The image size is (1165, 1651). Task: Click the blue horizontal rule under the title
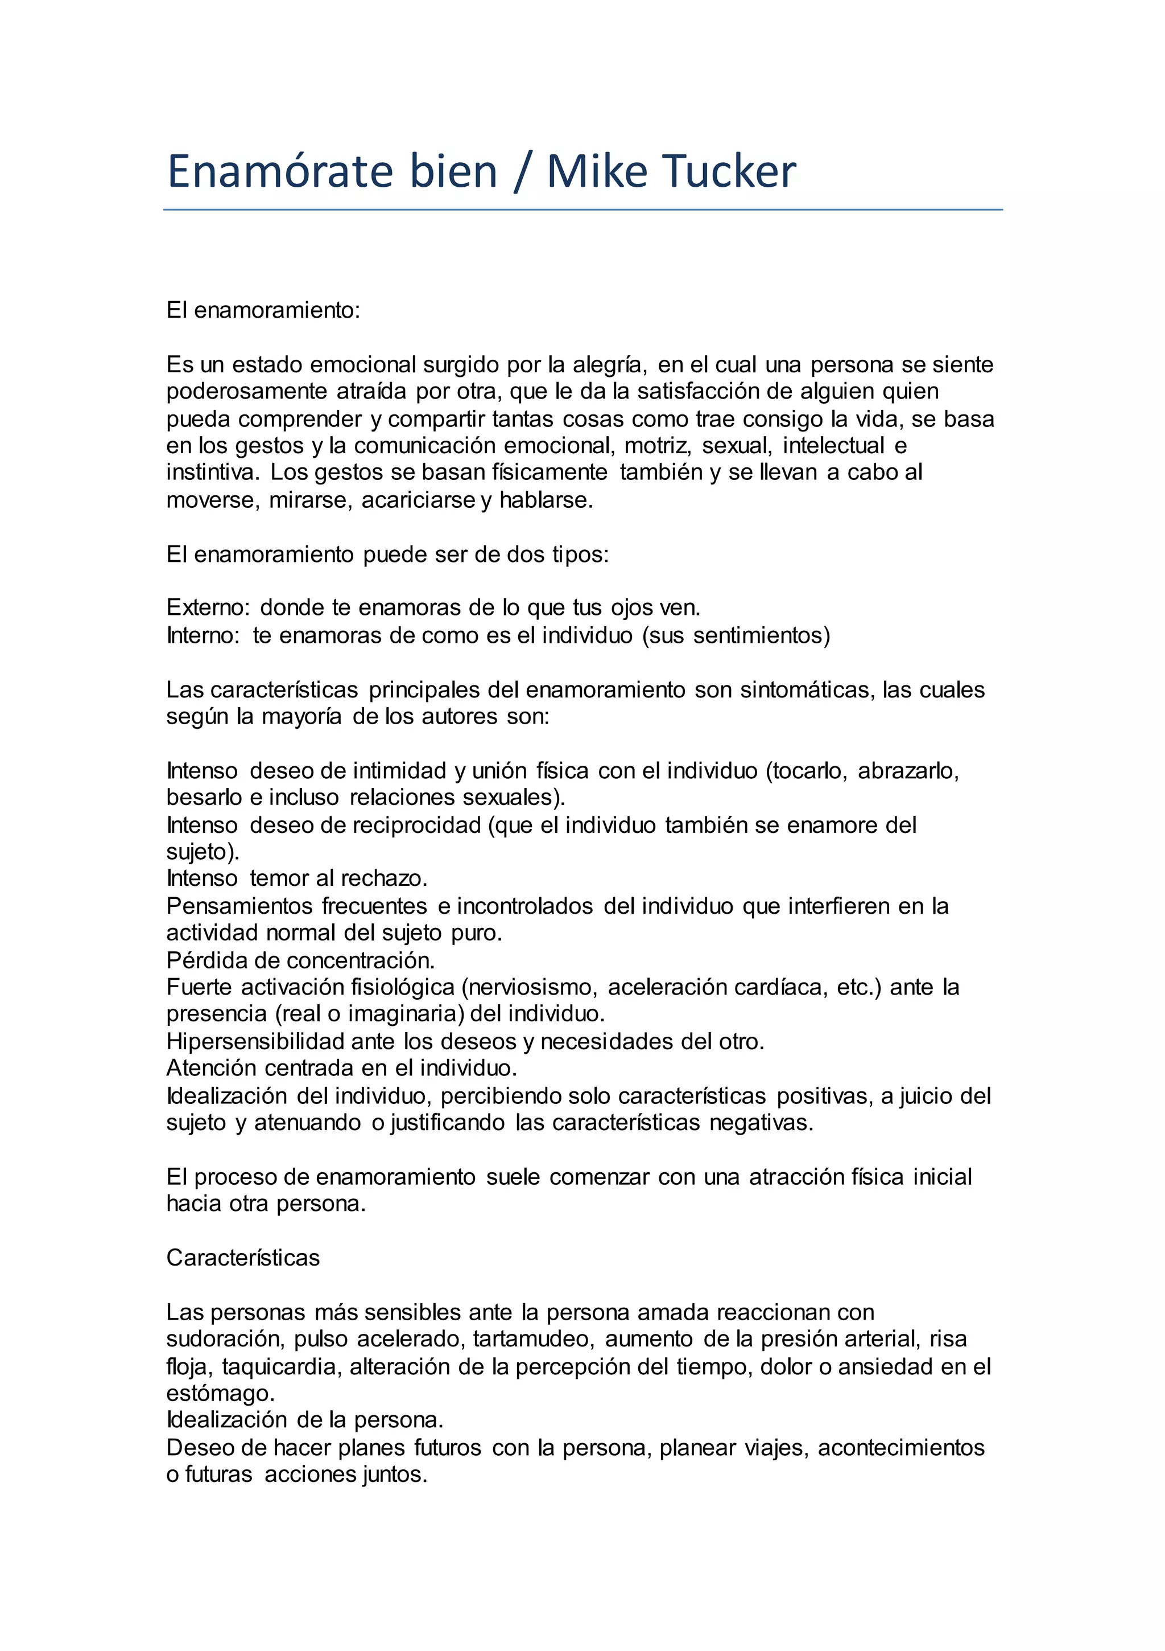tap(582, 210)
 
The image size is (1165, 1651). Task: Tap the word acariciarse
tap(418, 500)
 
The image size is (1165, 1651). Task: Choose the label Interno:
tap(203, 636)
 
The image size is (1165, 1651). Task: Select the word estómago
tap(220, 1394)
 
